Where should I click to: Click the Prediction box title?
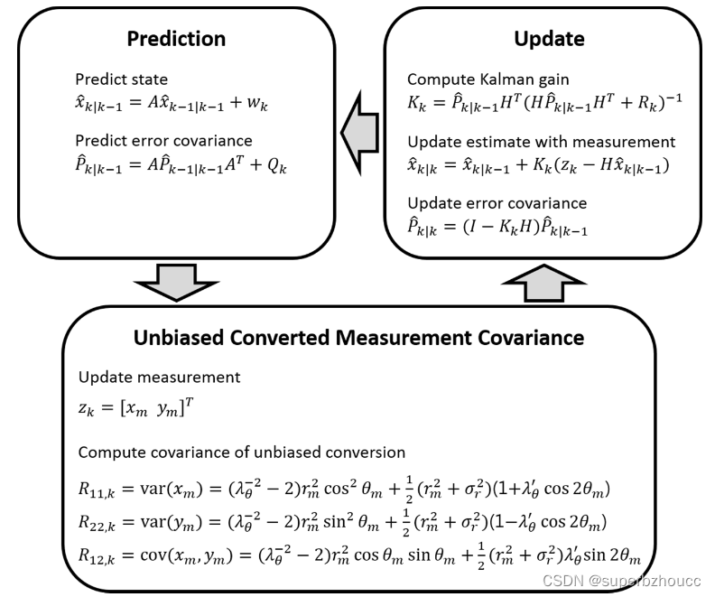pos(175,39)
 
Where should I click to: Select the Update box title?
pos(549,39)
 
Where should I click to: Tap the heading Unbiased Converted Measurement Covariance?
pos(358,338)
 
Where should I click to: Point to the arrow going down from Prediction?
pos(175,283)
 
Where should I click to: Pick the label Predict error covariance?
pos(163,141)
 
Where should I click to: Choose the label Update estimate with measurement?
pos(541,142)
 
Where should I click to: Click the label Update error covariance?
pos(497,203)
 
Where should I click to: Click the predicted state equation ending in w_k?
pos(172,105)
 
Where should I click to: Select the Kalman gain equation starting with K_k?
pos(543,104)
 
